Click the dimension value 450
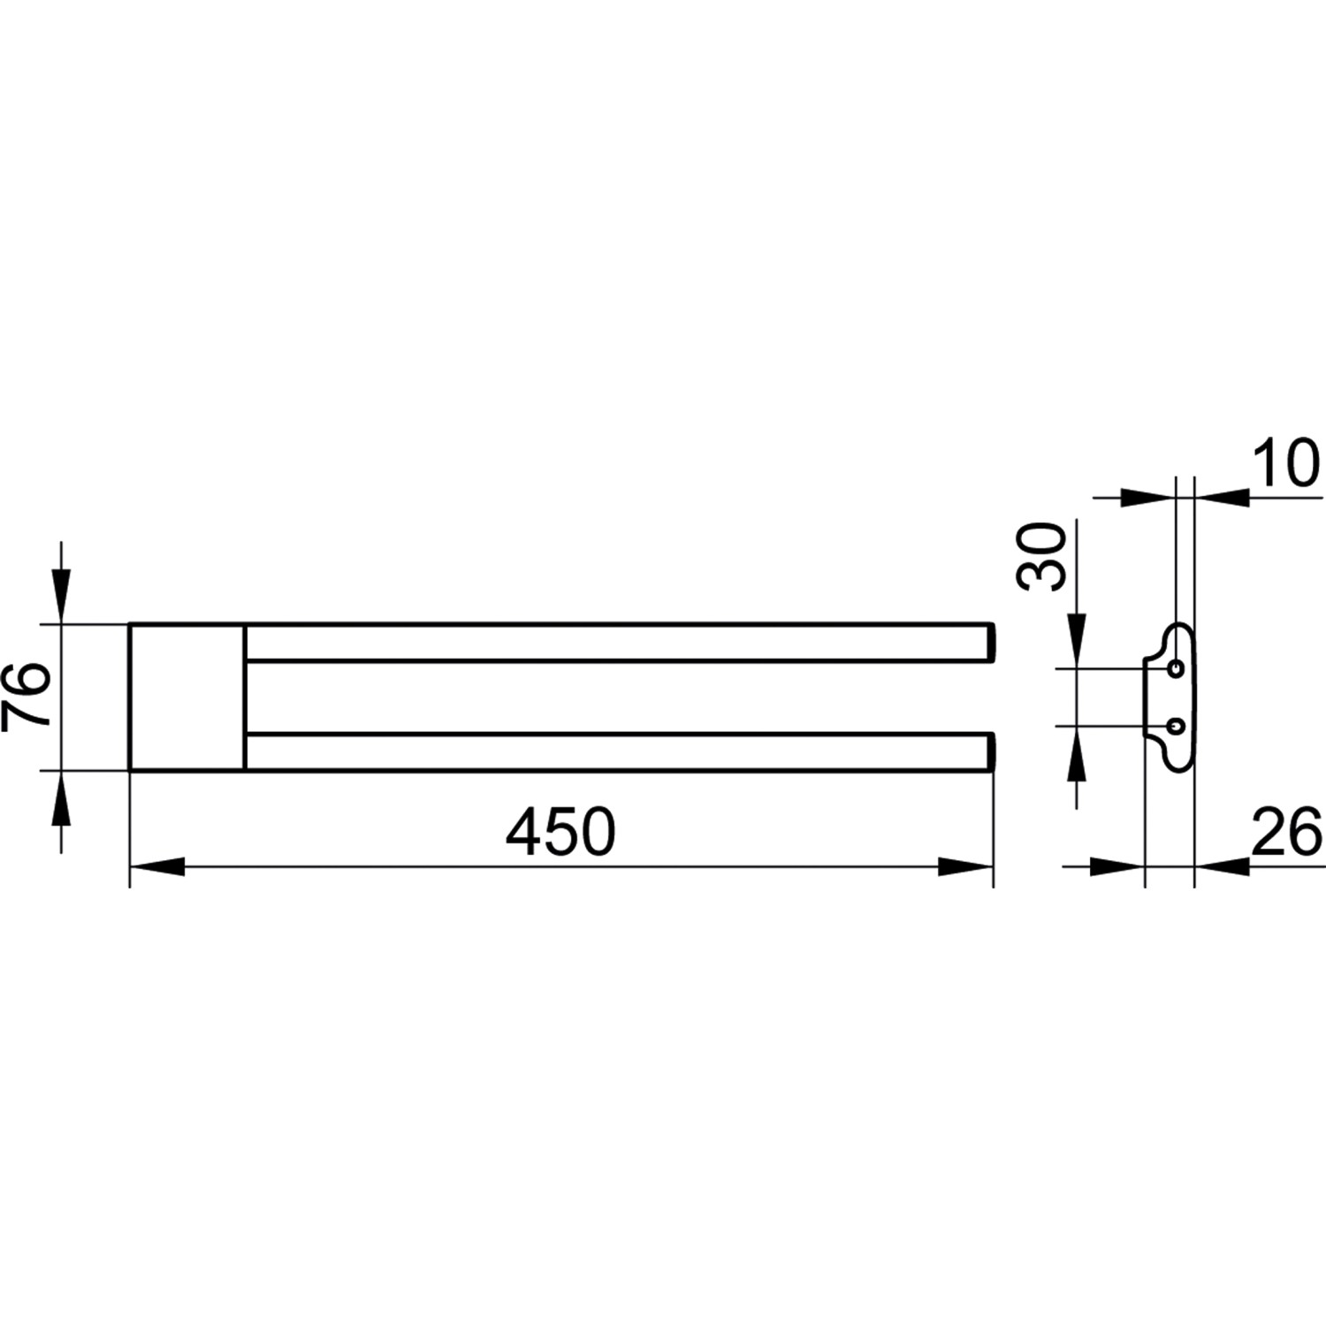560,832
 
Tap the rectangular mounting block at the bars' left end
187,697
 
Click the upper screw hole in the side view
1176,669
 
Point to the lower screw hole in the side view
1176,726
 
